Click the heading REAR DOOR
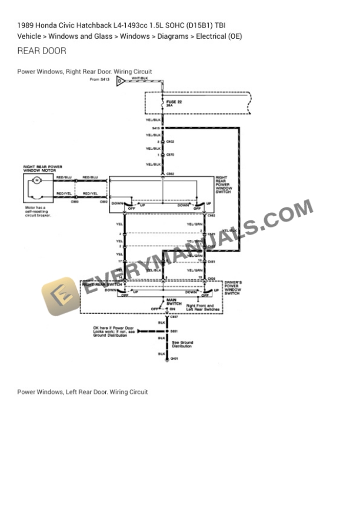[42, 51]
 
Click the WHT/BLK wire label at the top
[140, 78]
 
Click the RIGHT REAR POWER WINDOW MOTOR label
[42, 169]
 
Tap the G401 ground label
[174, 358]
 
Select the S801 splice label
[174, 332]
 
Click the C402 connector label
[171, 142]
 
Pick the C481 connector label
[212, 262]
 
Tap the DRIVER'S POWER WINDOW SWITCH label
[233, 287]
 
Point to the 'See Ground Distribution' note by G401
[182, 344]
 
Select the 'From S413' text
[99, 78]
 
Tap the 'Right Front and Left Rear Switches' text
[203, 307]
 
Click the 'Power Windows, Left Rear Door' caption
[82, 391]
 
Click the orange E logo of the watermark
[59, 296]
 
